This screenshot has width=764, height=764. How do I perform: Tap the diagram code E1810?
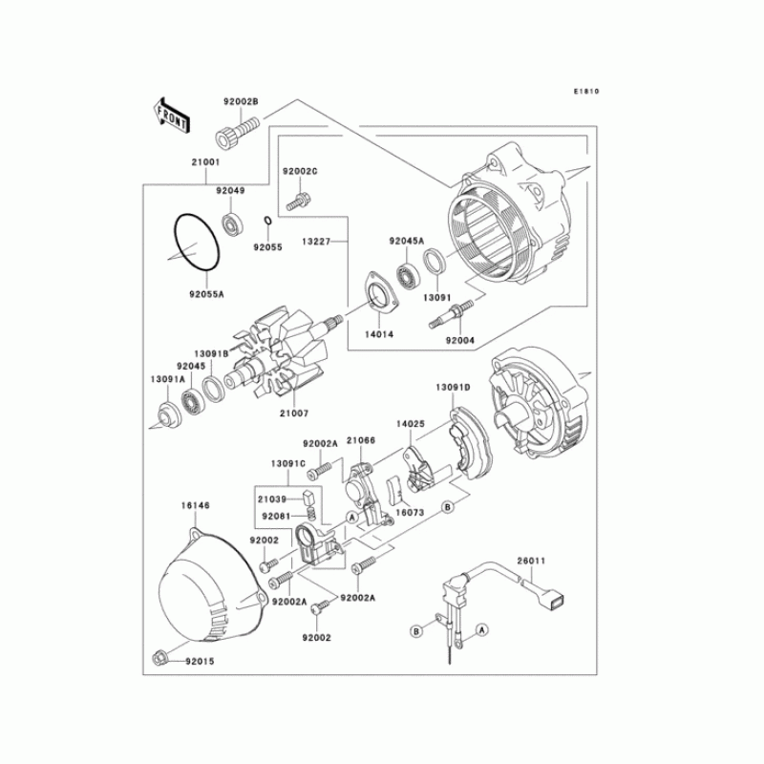585,93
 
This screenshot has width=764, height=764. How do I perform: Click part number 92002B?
242,101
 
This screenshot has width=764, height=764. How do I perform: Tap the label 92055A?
205,295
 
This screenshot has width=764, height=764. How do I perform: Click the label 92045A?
407,242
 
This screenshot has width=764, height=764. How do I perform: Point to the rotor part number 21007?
294,414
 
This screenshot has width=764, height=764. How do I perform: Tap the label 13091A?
165,379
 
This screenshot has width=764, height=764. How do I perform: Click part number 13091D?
454,388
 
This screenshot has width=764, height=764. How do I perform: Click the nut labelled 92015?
160,657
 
